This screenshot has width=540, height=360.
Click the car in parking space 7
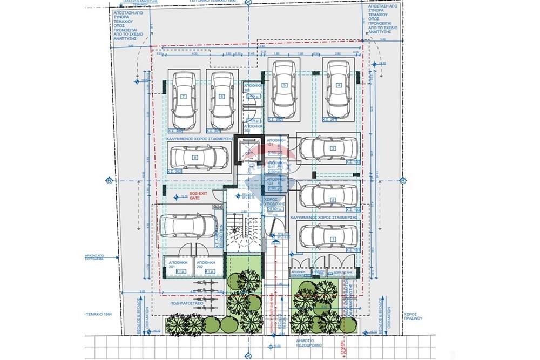(x=184, y=100)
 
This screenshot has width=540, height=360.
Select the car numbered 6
(x=221, y=100)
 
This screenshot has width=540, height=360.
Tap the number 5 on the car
(x=284, y=85)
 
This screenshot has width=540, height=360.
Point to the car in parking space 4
(x=339, y=85)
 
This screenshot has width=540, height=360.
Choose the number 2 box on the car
(x=333, y=200)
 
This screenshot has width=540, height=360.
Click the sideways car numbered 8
(x=194, y=158)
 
